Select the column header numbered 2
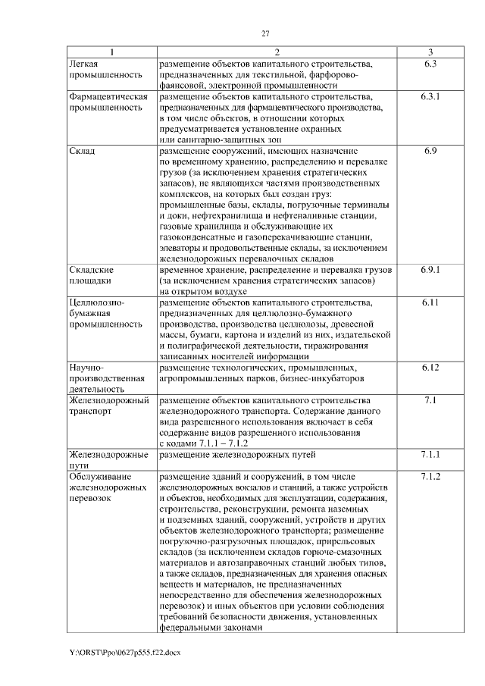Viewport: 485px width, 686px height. click(277, 52)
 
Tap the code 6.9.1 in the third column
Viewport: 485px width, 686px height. click(430, 269)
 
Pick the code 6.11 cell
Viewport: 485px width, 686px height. click(430, 302)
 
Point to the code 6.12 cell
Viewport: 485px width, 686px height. click(430, 368)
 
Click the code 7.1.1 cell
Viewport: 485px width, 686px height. click(430, 454)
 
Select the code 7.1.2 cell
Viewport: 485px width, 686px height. click(430, 476)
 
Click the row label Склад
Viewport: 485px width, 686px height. click(81, 152)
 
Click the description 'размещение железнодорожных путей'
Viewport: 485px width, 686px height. click(237, 454)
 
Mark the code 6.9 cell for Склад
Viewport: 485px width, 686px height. click(430, 152)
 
